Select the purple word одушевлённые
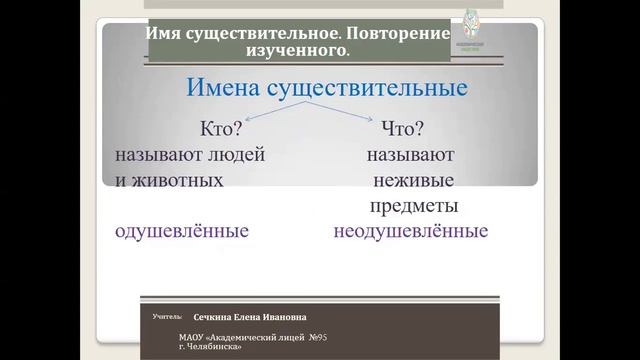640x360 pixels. click(x=180, y=231)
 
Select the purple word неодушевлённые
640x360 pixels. click(x=411, y=231)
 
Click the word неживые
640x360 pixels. click(x=412, y=181)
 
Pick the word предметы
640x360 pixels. click(x=413, y=206)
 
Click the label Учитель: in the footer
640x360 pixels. click(x=168, y=316)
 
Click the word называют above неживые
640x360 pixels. click(x=410, y=156)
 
